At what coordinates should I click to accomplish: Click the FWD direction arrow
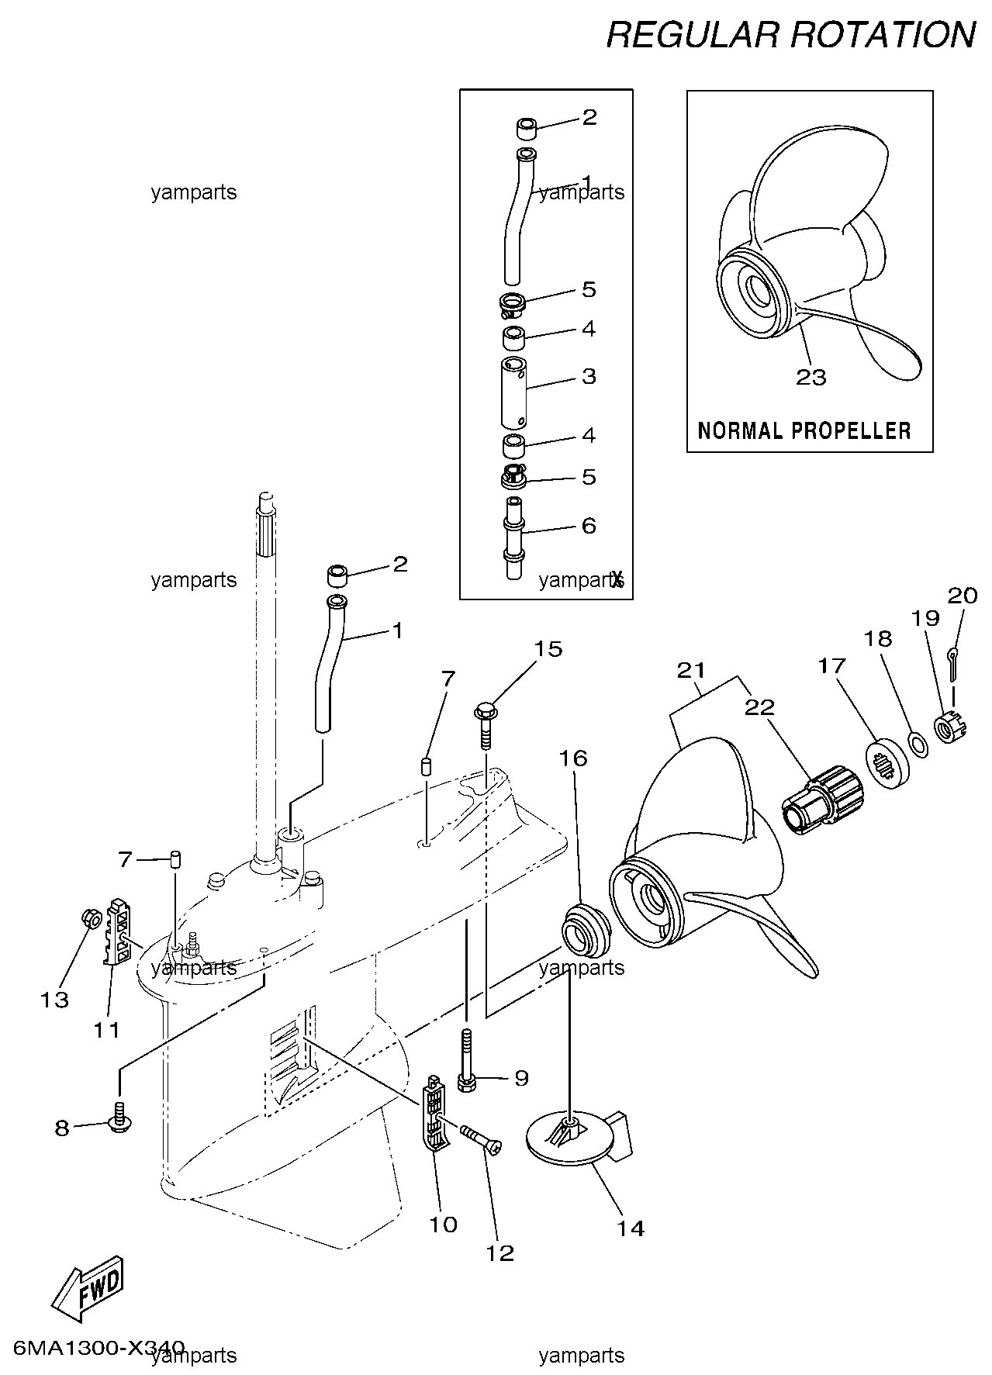[x=86, y=1284]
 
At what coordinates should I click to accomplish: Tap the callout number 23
[x=811, y=378]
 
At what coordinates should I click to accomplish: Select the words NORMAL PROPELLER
[x=804, y=430]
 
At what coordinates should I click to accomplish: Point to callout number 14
[x=631, y=1228]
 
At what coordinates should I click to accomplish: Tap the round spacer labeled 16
[x=585, y=928]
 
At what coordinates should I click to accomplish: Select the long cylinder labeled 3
[x=514, y=392]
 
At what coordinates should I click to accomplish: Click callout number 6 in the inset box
[x=589, y=526]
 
